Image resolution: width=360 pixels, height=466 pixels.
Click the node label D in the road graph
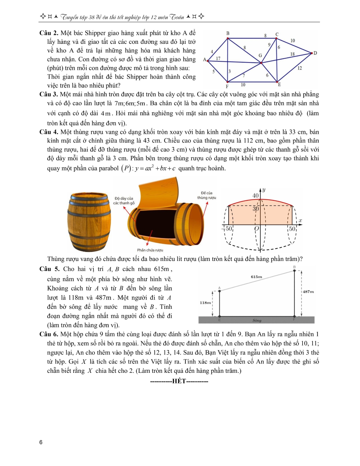(315, 53)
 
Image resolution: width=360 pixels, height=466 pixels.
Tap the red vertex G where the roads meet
(261, 63)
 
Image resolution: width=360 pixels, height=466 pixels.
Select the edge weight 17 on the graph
(218, 58)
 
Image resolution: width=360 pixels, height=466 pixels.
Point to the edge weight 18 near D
(292, 54)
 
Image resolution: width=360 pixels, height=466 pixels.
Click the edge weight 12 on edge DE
(299, 68)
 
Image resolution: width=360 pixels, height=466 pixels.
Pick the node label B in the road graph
(228, 33)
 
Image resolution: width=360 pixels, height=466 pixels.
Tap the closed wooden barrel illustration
(89, 222)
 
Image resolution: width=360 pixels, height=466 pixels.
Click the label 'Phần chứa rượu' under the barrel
(150, 250)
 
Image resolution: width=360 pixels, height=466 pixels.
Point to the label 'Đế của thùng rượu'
(207, 195)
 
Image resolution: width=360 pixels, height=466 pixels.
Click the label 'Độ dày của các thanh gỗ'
(124, 201)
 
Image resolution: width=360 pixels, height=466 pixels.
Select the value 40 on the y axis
(255, 195)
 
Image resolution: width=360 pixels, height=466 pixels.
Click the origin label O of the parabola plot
(256, 229)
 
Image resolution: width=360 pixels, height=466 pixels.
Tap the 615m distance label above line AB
(257, 276)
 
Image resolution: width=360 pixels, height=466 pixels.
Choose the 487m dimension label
(308, 292)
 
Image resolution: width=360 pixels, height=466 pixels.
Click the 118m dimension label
(205, 303)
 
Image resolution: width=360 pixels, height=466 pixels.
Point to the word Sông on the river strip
(257, 320)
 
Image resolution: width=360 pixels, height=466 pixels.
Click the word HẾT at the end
(179, 381)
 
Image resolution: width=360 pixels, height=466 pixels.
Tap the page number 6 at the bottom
(41, 442)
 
